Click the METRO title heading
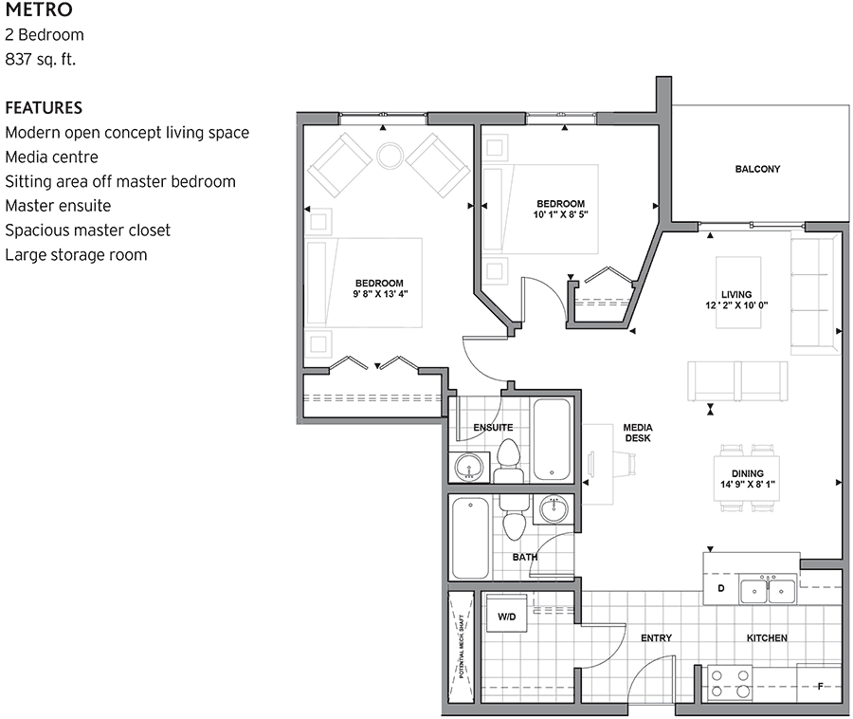pyautogui.click(x=40, y=10)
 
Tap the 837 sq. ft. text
pyautogui.click(x=40, y=60)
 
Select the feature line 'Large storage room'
pyautogui.click(x=76, y=254)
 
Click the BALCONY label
pyautogui.click(x=757, y=170)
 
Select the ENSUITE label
pyautogui.click(x=493, y=428)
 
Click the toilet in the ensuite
pyautogui.click(x=509, y=457)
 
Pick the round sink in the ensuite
pyautogui.click(x=468, y=467)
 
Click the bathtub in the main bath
pyautogui.click(x=470, y=538)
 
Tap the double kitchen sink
pyautogui.click(x=768, y=591)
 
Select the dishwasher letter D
pyautogui.click(x=720, y=589)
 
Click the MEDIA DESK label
pyautogui.click(x=637, y=433)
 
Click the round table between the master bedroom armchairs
pyautogui.click(x=390, y=156)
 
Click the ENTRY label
pyautogui.click(x=656, y=638)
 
